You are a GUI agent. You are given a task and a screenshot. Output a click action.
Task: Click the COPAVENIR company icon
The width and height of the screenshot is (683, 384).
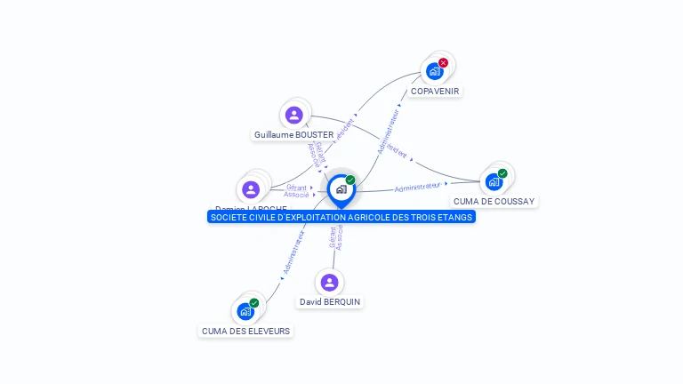[435, 71]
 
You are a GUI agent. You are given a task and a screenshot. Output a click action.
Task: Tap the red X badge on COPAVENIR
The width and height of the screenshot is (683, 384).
[443, 62]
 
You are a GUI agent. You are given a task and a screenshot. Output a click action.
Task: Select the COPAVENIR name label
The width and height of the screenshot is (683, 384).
[436, 91]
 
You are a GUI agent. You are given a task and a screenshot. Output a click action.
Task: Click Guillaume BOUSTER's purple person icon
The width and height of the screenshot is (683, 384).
[294, 115]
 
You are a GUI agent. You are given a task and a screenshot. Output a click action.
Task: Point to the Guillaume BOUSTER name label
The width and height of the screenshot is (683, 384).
[293, 135]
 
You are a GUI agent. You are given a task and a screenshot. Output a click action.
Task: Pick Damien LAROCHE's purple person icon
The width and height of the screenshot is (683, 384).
[251, 189]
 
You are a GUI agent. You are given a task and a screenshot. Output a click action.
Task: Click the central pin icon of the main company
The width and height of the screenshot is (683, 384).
[341, 189]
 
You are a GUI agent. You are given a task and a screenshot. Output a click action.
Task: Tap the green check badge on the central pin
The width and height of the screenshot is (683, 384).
[350, 180]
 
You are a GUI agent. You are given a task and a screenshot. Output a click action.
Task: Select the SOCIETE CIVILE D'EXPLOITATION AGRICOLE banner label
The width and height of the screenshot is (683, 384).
[341, 217]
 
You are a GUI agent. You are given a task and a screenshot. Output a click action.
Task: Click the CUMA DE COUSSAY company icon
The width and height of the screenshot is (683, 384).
[494, 182]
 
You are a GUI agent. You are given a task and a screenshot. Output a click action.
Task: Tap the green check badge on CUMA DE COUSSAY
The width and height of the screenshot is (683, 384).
[502, 173]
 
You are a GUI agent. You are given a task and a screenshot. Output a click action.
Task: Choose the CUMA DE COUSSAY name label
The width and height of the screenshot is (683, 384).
[494, 202]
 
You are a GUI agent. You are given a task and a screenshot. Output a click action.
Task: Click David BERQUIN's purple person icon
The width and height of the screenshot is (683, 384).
[330, 283]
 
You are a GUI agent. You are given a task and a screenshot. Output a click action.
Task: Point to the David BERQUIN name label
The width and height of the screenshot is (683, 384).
[330, 302]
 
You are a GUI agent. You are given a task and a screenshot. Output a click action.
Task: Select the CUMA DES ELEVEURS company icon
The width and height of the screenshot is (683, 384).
[245, 312]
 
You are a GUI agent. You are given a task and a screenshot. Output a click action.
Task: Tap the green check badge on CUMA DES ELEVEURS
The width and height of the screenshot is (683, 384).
[254, 303]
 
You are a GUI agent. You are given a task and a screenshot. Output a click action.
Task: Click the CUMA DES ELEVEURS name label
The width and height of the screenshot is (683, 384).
[245, 332]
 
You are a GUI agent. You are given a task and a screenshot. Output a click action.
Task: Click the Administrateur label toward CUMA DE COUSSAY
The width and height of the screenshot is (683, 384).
[418, 188]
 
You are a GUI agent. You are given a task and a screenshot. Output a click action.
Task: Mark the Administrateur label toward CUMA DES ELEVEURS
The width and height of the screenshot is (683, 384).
[294, 252]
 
